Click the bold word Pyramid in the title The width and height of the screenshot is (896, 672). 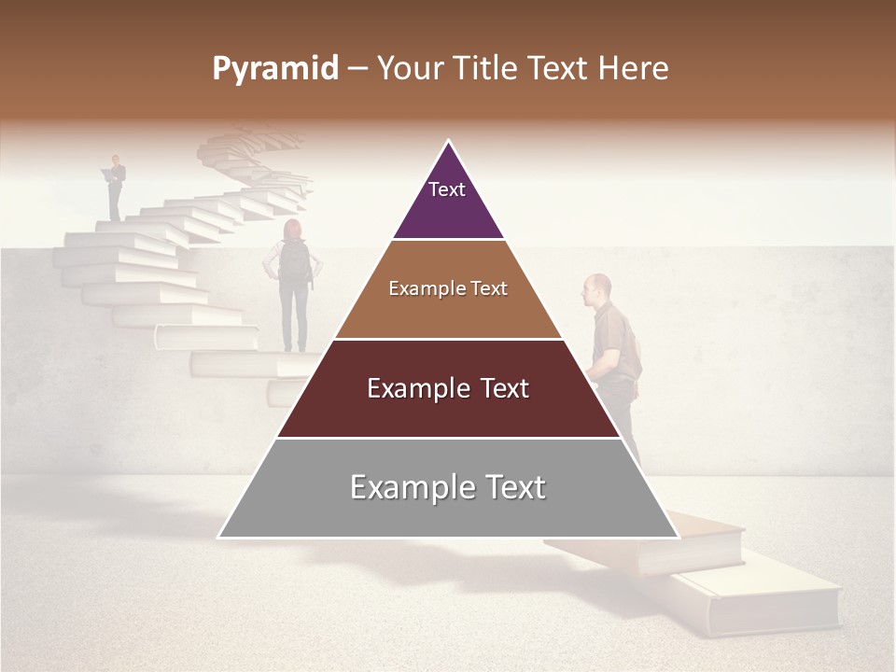(x=274, y=69)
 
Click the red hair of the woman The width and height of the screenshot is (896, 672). (x=292, y=230)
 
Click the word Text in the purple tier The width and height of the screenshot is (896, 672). (x=447, y=189)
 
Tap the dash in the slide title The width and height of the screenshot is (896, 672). (x=357, y=69)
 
